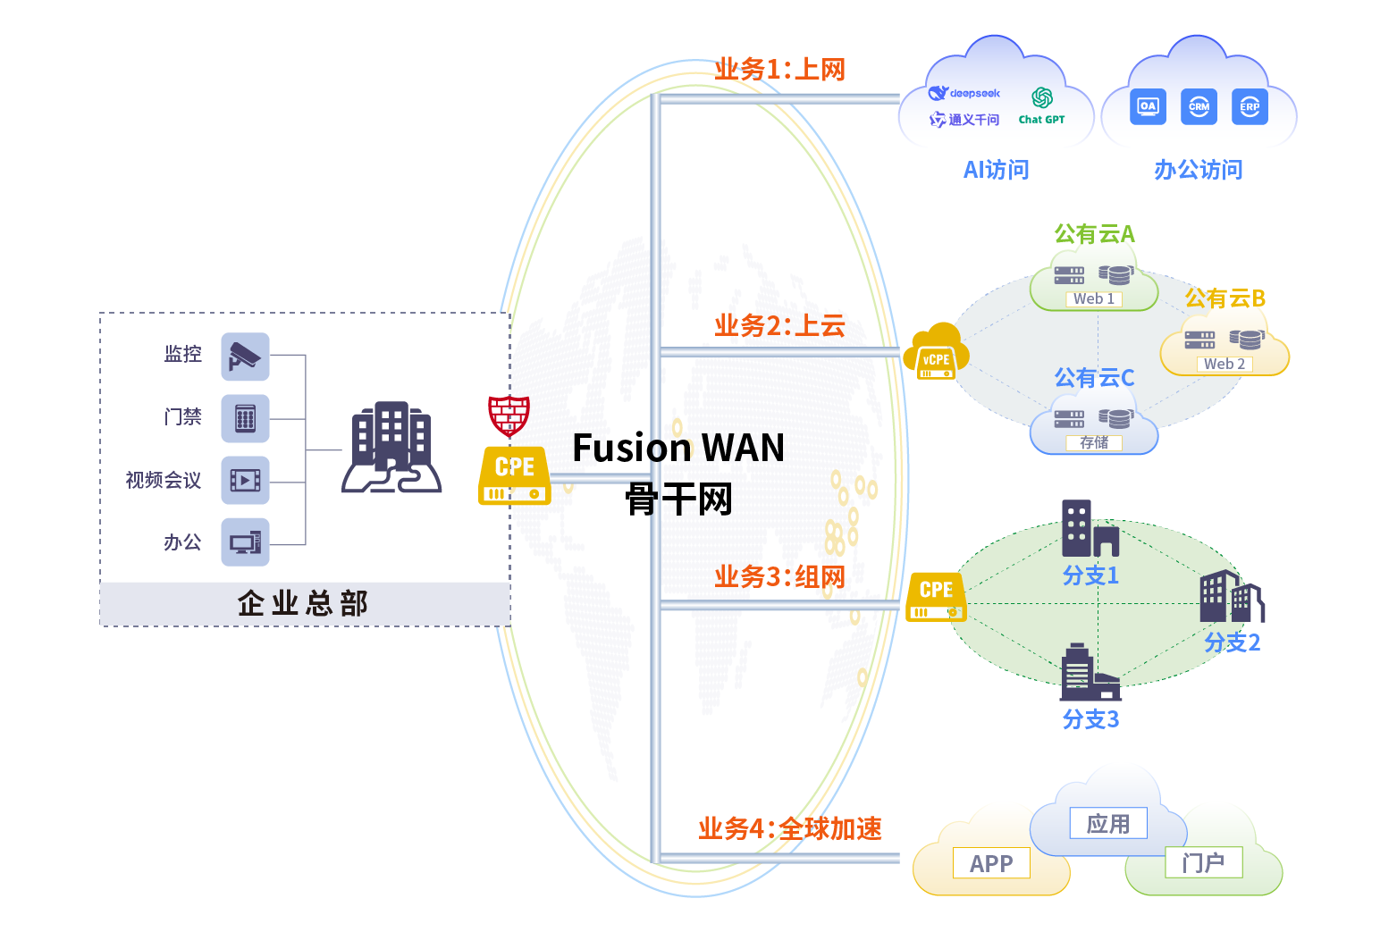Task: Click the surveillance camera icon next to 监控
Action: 245,356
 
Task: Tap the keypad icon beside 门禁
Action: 245,418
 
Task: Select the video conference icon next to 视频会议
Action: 245,481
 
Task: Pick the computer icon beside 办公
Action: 245,542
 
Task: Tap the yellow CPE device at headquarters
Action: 514,476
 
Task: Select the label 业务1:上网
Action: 779,70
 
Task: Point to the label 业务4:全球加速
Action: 790,829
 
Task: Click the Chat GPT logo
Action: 1041,105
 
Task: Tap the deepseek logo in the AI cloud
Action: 964,93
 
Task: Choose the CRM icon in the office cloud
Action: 1199,106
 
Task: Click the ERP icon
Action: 1250,106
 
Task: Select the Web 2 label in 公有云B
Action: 1224,364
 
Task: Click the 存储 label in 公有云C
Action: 1093,442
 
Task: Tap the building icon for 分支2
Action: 1231,597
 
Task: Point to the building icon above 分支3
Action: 1090,673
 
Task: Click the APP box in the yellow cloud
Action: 991,863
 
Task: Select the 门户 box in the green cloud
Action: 1203,862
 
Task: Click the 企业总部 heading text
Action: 303,604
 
